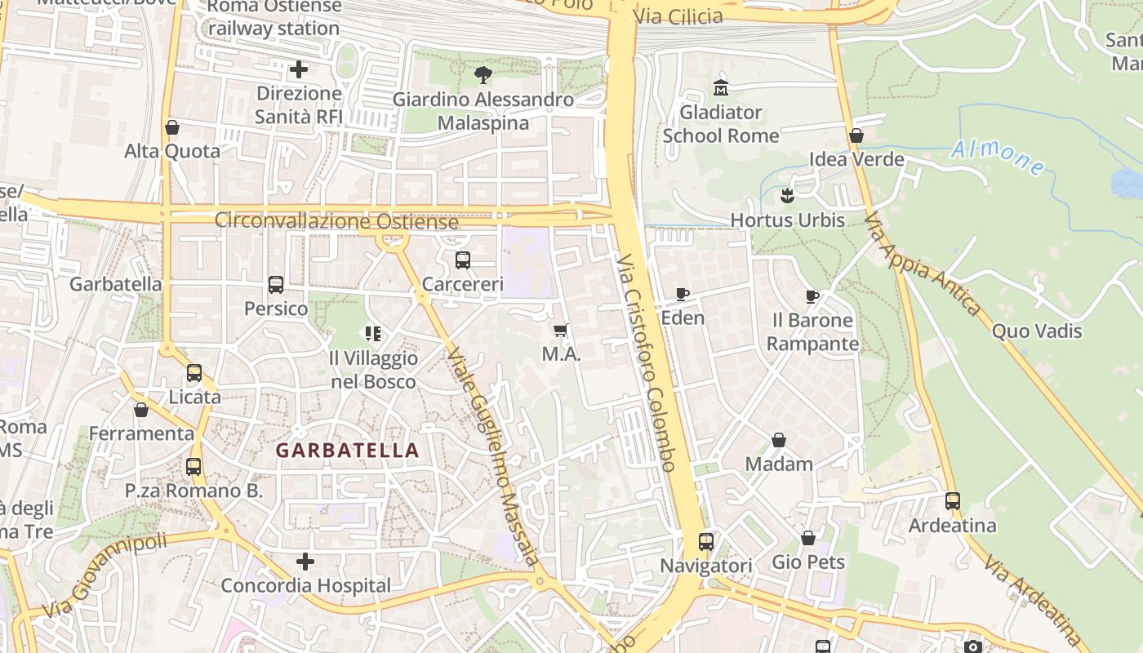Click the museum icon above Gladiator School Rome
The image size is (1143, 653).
(720, 87)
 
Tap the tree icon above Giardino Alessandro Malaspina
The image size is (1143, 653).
(483, 75)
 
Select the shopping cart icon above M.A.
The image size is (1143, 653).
(560, 330)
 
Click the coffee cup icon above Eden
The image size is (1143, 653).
(683, 294)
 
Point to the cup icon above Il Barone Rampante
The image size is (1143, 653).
(812, 296)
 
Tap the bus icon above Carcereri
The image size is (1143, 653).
(463, 260)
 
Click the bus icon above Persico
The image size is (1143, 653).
(276, 285)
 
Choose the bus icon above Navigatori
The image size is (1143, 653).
(705, 541)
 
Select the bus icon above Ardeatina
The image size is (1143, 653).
(953, 500)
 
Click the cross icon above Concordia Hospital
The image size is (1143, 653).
(305, 562)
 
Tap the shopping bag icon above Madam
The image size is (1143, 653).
(779, 440)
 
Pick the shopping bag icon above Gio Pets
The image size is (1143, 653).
(807, 538)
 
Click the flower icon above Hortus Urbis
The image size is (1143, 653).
(787, 196)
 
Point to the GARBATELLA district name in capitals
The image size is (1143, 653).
(347, 451)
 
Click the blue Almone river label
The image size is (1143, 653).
(998, 156)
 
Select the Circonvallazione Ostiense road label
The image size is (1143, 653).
(336, 221)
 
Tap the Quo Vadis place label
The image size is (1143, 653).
(1037, 331)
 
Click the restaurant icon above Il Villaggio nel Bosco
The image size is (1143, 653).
(373, 333)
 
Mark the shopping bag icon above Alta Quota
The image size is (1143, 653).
(172, 127)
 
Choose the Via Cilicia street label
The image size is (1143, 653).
(678, 16)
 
